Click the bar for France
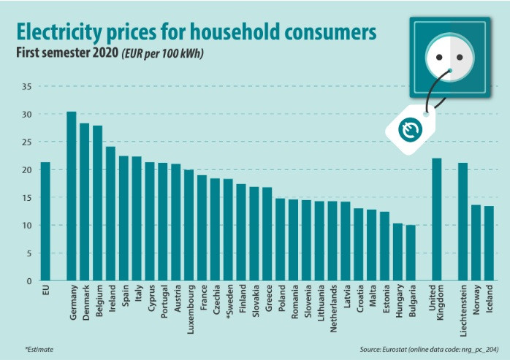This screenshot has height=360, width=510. coord(202,227)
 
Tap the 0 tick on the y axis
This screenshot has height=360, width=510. coord(28,281)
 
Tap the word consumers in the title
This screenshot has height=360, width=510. coord(322,32)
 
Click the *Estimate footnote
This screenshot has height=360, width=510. coord(39,350)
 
